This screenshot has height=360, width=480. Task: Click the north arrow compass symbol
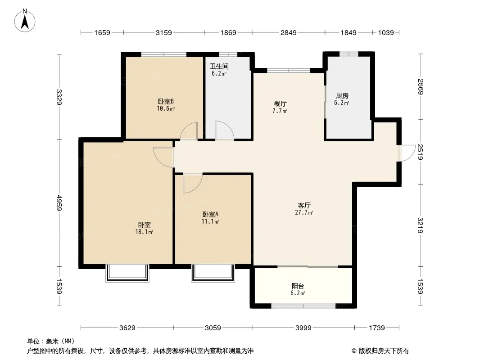tap(25, 21)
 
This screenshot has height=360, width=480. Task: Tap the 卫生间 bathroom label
tap(219, 66)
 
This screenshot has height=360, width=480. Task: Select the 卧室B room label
tap(166, 101)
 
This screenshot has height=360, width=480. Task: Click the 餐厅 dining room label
tap(280, 103)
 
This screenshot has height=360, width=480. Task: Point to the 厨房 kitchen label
tap(342, 96)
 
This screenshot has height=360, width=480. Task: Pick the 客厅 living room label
tap(304, 205)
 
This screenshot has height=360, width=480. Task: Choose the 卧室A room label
tap(210, 214)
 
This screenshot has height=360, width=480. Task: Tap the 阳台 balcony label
tap(298, 286)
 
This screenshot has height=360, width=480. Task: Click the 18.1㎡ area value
tap(144, 232)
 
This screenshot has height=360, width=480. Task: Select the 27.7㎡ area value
tap(304, 212)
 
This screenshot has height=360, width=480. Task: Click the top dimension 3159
tap(164, 32)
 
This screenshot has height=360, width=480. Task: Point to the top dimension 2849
tap(288, 32)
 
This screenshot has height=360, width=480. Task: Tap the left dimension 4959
tap(59, 203)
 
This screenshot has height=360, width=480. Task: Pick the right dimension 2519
tap(420, 152)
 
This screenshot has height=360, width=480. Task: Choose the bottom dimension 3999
tap(303, 328)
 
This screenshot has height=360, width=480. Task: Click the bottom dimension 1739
tap(377, 328)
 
